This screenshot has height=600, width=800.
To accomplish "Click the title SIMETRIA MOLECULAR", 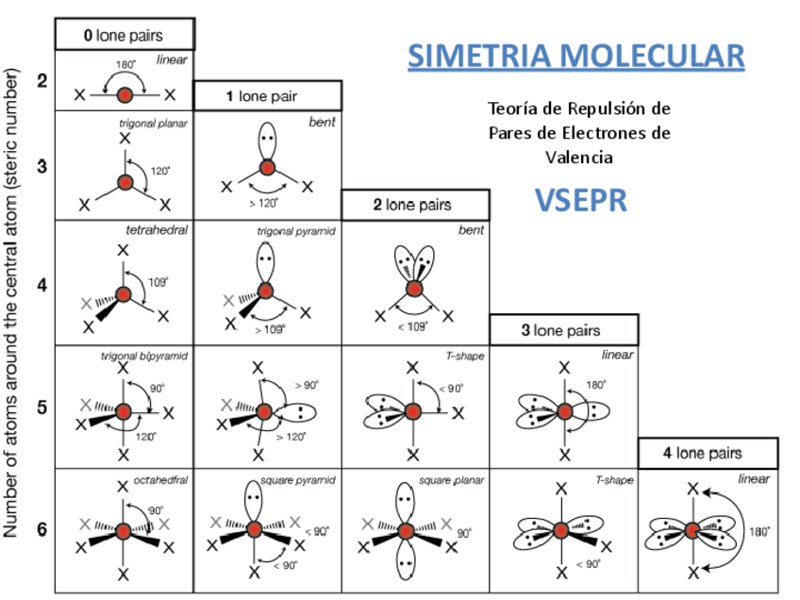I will tap(575, 56).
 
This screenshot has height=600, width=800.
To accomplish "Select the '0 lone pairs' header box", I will tap(125, 35).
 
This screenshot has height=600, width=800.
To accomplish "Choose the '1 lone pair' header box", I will tap(266, 96).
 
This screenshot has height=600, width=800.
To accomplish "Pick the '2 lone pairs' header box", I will tap(415, 205).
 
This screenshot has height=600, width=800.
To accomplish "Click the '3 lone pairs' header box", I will tap(563, 330).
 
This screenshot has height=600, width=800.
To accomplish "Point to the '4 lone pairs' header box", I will tap(708, 453).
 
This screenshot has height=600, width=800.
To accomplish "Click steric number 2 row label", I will tap(42, 81).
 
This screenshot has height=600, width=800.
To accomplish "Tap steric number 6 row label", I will tap(42, 528).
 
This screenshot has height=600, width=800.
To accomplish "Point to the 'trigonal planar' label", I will tap(154, 123).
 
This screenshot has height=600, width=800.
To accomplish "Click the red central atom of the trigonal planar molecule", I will tap(125, 182).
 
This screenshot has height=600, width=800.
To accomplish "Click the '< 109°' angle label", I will tap(411, 325).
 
